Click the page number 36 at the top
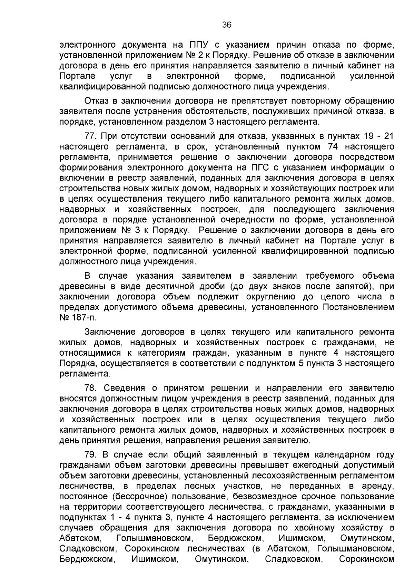(x=227, y=25)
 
